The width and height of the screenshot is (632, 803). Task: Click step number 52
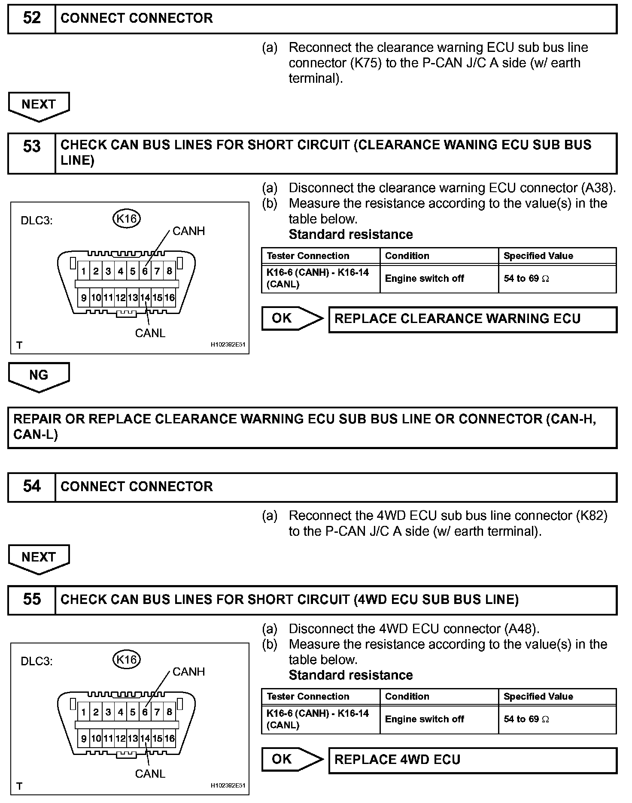(x=32, y=18)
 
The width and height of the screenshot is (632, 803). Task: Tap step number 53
(x=32, y=147)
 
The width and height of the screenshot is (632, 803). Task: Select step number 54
(x=32, y=486)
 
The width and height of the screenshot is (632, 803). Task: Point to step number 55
(x=32, y=599)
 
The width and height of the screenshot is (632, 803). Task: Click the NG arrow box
(x=39, y=376)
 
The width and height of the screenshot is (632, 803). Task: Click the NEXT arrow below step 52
(x=39, y=105)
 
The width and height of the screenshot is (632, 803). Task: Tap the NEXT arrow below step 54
(x=39, y=558)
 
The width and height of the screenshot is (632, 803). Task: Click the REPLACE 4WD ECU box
(x=472, y=760)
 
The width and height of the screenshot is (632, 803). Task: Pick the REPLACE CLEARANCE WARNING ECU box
(x=472, y=319)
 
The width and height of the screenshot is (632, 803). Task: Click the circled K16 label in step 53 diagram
(x=127, y=219)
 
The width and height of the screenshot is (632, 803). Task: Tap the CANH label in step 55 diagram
(x=188, y=672)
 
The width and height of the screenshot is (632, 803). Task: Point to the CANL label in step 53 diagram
(x=150, y=333)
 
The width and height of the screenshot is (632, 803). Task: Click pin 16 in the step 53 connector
(x=170, y=298)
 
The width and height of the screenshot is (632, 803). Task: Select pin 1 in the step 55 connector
(x=84, y=712)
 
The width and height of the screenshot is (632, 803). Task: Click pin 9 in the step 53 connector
(x=84, y=298)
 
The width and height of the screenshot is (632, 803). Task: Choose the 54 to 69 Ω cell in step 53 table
(x=557, y=279)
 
